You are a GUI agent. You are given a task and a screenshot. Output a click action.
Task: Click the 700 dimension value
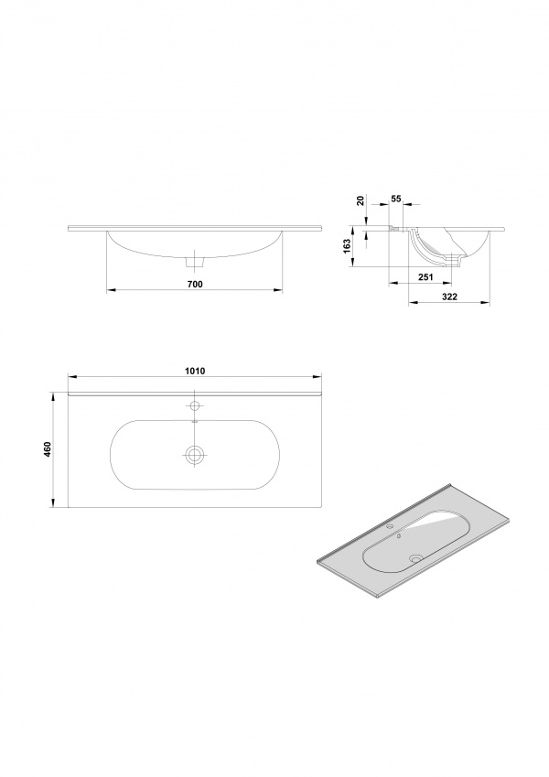point(196,284)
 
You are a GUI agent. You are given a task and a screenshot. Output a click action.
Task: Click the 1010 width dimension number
point(196,371)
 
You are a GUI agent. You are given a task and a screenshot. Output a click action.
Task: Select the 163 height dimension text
point(347,247)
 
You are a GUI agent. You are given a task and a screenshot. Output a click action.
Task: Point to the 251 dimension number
point(426,277)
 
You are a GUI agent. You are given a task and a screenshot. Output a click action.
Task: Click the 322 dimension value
point(449,297)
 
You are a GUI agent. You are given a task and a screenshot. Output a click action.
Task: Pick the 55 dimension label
point(396,199)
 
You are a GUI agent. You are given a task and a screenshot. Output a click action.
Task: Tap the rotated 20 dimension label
point(361,200)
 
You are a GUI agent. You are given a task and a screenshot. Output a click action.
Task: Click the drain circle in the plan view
point(195,454)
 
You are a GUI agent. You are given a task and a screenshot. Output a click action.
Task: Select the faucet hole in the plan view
point(195,406)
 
